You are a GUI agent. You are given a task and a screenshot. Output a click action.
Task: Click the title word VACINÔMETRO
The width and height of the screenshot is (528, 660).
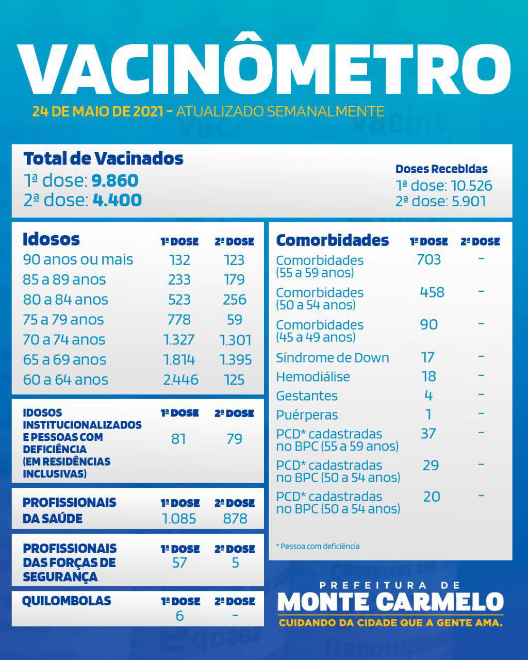click(x=264, y=67)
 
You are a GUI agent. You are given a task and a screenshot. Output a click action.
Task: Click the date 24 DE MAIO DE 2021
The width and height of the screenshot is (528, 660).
click(x=98, y=111)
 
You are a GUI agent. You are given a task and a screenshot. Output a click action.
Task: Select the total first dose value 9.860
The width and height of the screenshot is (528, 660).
click(x=115, y=180)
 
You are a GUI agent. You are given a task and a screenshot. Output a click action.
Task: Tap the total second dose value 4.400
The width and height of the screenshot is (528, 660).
click(x=117, y=200)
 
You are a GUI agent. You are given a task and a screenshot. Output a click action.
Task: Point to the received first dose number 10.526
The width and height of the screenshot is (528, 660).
click(x=471, y=186)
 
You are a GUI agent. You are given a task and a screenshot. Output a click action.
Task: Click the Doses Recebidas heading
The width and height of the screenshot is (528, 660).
click(x=441, y=169)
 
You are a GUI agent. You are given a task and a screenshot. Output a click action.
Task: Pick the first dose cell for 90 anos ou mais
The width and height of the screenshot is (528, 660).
click(x=179, y=260)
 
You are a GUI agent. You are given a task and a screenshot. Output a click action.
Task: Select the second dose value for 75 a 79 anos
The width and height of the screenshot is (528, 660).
click(x=235, y=320)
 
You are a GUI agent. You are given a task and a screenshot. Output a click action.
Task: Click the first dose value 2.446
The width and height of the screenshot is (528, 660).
click(x=180, y=380)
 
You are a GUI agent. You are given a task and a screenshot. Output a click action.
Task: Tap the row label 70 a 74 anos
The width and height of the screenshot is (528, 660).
click(x=64, y=340)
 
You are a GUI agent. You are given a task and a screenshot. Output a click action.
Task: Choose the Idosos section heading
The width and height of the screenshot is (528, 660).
click(x=51, y=239)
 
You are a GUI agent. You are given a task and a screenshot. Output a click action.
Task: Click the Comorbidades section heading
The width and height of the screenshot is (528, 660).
click(x=333, y=240)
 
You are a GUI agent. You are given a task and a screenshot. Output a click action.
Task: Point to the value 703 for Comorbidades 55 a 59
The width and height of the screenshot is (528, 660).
click(x=428, y=259)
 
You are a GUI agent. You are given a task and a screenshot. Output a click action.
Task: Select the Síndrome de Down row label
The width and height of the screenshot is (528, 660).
click(x=333, y=358)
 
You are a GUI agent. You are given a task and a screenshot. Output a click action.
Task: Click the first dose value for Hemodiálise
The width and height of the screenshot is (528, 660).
click(x=428, y=376)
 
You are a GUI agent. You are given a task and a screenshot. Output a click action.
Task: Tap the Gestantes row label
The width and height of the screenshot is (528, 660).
click(x=307, y=396)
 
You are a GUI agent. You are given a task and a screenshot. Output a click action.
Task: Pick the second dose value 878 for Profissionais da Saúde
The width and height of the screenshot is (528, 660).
click(x=235, y=519)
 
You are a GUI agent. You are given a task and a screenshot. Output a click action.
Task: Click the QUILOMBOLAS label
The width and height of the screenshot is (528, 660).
click(x=67, y=601)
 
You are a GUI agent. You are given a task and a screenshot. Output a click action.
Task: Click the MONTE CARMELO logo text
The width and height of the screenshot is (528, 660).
click(x=390, y=602)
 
